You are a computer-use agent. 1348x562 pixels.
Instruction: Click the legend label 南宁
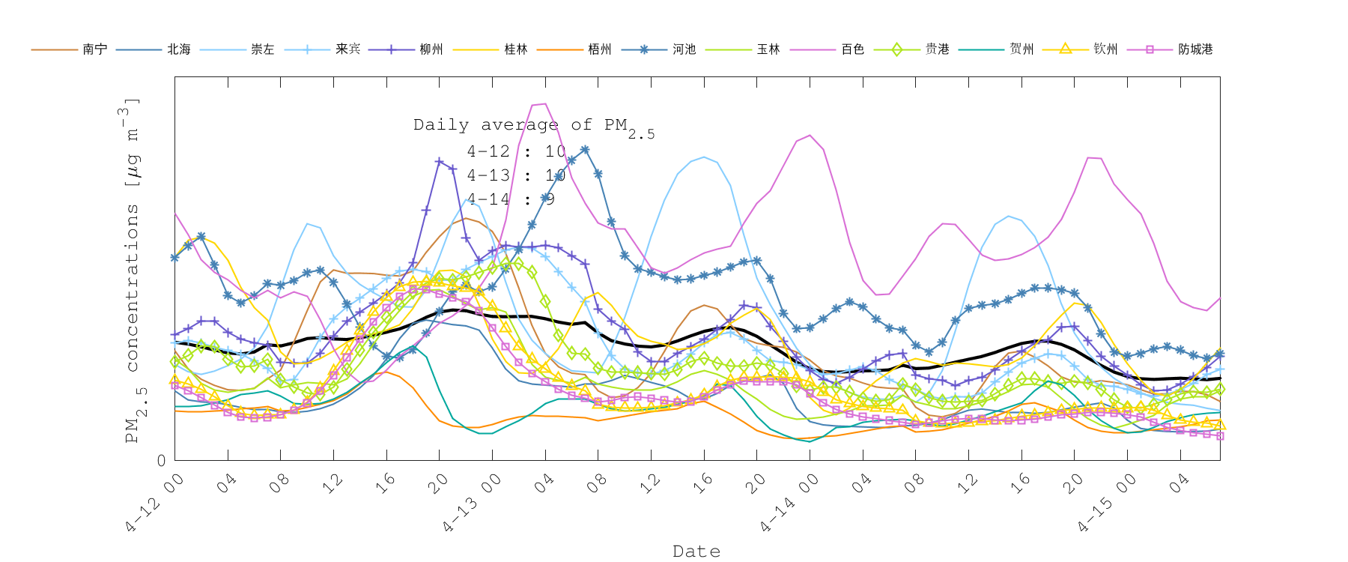tap(95, 49)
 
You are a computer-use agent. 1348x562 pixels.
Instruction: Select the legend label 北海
tap(179, 49)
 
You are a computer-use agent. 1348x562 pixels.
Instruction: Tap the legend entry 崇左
tap(263, 49)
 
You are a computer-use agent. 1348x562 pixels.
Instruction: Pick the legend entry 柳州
tap(431, 49)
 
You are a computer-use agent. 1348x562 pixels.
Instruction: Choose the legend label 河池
tap(684, 49)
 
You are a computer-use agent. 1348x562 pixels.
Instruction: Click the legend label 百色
tap(853, 49)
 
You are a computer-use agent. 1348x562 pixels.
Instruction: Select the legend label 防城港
tap(1195, 49)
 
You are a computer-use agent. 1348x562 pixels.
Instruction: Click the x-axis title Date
tap(696, 552)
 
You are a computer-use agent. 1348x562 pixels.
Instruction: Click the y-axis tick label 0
tap(162, 461)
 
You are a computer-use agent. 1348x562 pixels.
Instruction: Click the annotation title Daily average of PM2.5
tap(533, 127)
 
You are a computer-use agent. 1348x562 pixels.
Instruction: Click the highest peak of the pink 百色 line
tap(545, 104)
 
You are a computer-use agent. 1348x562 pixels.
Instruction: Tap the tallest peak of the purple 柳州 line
tap(439, 160)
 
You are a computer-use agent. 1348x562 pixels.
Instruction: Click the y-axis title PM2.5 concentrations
tap(132, 270)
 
